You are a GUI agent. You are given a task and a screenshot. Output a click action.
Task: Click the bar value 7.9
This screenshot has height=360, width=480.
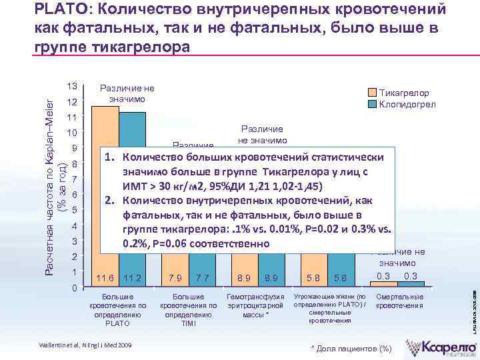(176, 277)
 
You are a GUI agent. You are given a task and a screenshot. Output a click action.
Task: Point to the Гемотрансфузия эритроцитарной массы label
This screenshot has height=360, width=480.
(256, 305)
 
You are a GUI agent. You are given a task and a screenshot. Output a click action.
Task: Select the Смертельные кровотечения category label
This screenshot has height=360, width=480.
(400, 301)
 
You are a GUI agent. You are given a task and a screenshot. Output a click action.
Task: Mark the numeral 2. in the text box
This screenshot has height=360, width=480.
(110, 199)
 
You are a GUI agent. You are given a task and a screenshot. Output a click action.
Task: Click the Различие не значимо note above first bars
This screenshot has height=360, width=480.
(127, 93)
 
